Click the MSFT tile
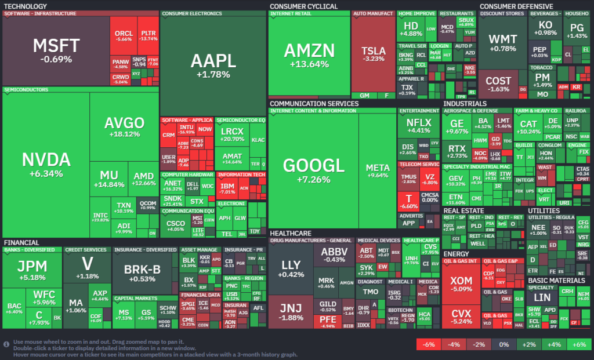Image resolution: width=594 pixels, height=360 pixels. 56,51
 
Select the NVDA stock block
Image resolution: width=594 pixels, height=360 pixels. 45,164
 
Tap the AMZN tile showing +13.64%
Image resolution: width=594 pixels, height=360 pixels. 309,55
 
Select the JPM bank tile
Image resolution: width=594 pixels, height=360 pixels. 32,270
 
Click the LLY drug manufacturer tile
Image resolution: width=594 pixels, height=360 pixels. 291,268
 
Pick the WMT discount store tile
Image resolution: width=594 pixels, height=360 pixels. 502,42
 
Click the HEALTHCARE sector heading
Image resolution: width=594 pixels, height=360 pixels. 291,233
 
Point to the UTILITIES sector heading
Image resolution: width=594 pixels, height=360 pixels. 544,210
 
